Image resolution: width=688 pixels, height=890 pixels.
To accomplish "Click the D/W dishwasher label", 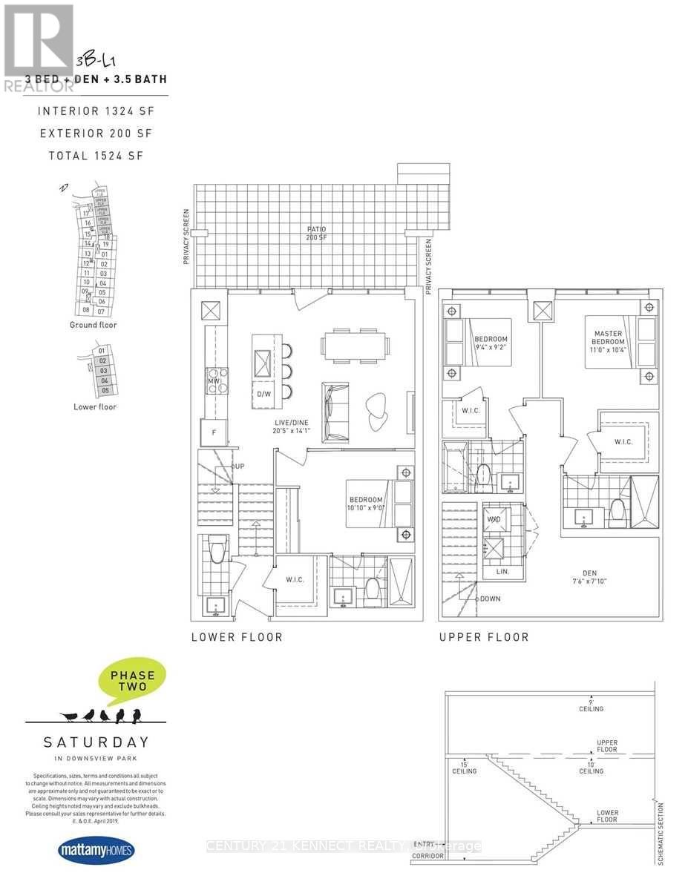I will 263,394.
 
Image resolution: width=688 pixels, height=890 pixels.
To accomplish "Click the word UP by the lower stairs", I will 239,466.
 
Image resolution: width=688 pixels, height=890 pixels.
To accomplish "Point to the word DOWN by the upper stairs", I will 491,598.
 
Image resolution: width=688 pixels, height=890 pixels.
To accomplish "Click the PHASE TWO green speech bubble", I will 132,681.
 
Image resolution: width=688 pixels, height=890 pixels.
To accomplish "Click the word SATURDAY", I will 96,741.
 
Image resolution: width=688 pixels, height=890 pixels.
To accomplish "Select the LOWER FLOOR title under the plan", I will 237,637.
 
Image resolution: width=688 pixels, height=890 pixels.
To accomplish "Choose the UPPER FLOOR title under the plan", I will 484,637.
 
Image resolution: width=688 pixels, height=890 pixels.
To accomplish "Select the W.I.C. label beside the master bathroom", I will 623,442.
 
